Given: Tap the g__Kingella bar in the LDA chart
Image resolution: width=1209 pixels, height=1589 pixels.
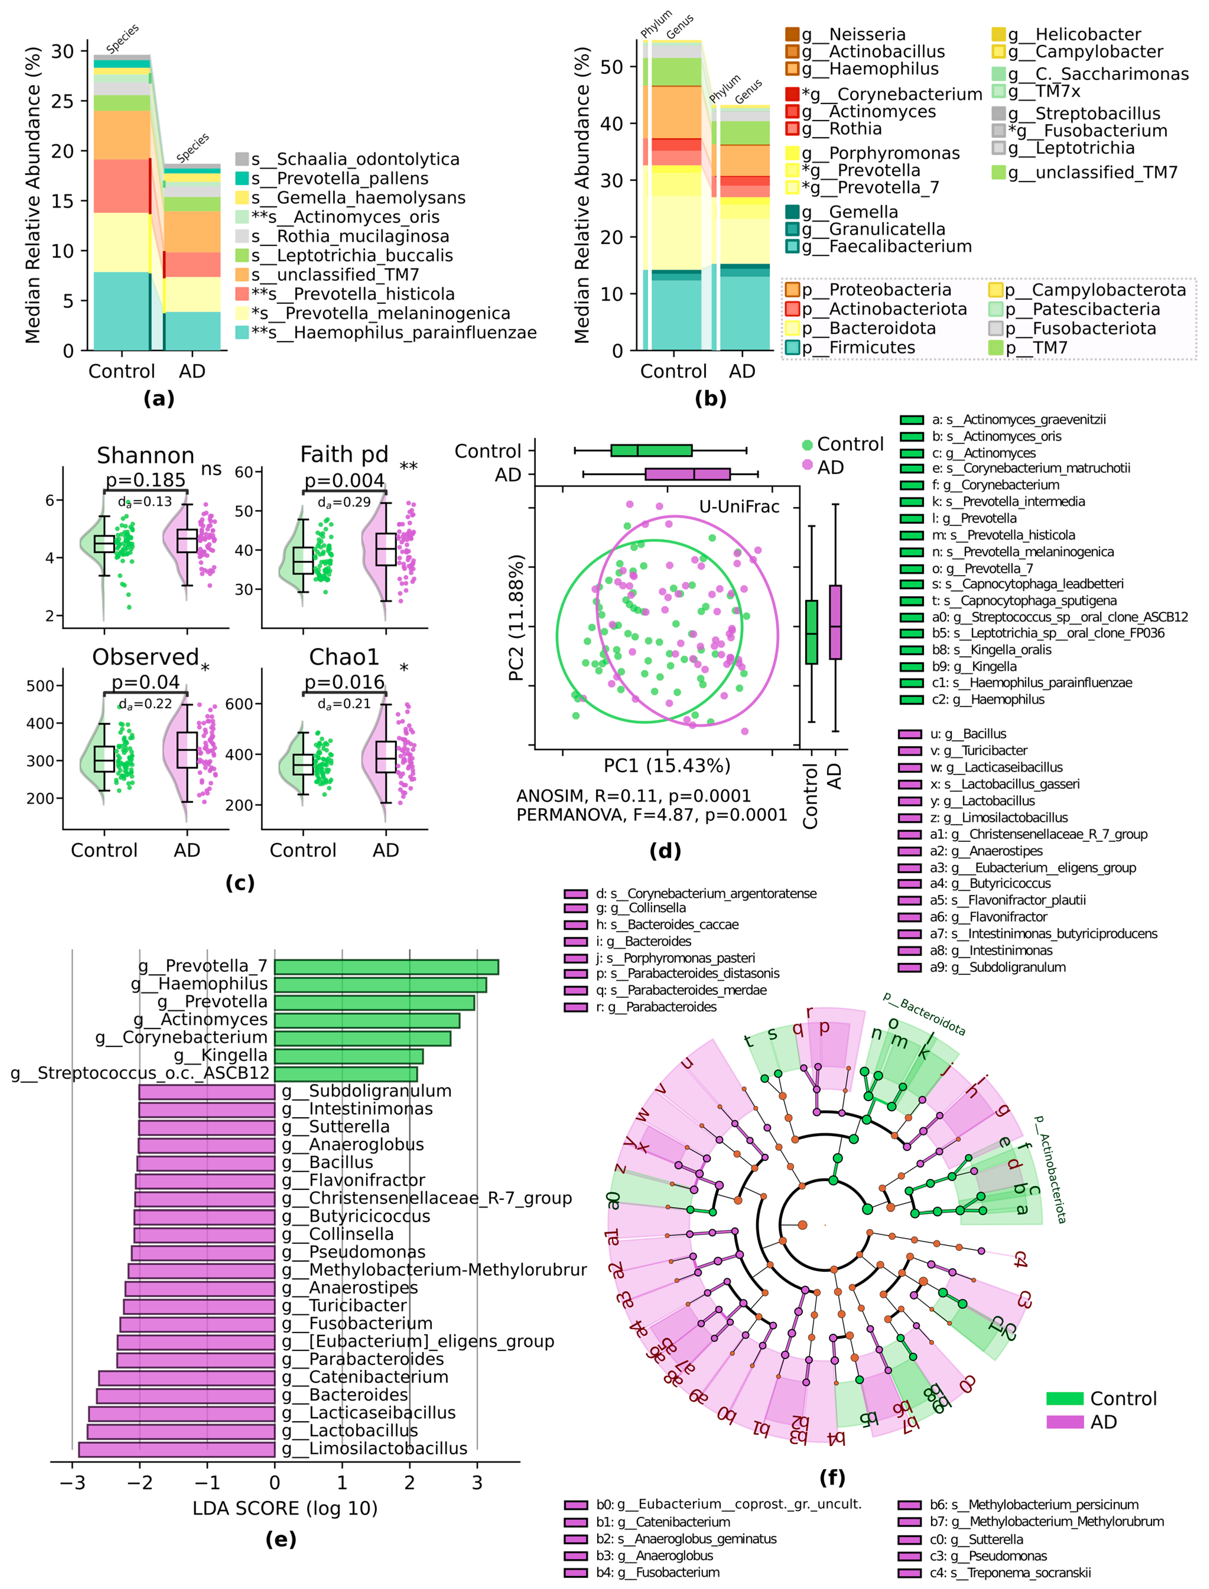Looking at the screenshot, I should coord(348,1056).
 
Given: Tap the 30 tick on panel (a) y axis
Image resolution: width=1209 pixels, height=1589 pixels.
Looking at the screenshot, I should coord(63,51).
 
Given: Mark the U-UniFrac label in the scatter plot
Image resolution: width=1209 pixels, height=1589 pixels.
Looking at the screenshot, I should coord(739,507).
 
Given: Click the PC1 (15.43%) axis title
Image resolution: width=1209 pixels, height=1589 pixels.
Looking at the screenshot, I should coord(666,766).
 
